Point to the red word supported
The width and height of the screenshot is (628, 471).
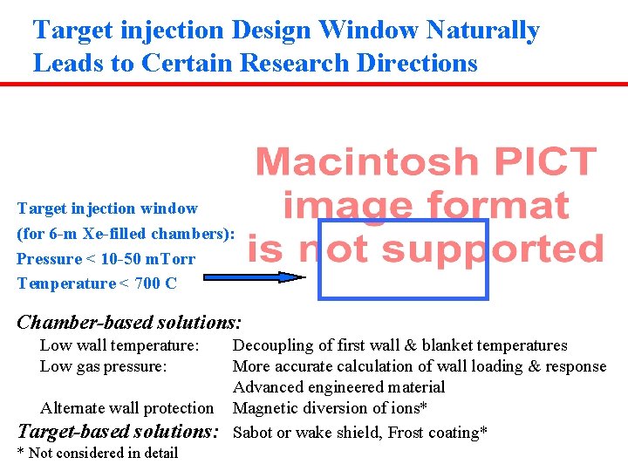(492, 249)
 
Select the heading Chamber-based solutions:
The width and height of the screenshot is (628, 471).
(129, 322)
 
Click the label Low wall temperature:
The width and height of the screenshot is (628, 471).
(119, 345)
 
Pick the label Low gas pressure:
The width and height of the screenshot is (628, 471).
(103, 366)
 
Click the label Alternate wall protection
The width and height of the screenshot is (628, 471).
(126, 408)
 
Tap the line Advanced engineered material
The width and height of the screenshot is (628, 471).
(338, 387)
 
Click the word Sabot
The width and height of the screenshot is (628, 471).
(255, 432)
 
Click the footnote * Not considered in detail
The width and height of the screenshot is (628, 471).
(98, 453)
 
